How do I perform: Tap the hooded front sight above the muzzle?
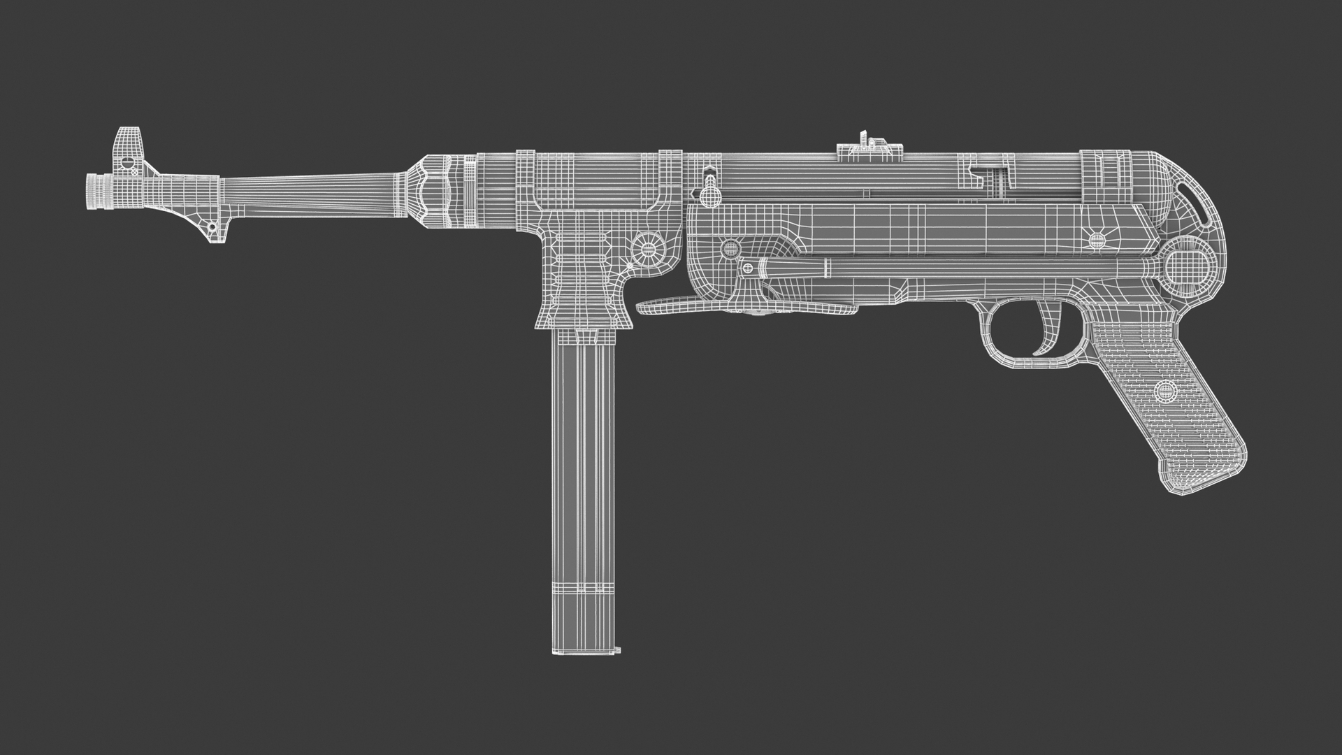tap(129, 144)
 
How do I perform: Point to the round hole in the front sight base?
tap(127, 162)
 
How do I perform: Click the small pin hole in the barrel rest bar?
tap(212, 227)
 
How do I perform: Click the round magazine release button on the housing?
tap(649, 248)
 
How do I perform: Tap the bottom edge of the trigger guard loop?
tap(1027, 363)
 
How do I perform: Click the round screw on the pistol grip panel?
tap(1165, 391)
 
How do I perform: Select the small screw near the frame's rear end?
tap(1098, 240)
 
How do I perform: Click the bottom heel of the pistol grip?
tap(1202, 482)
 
